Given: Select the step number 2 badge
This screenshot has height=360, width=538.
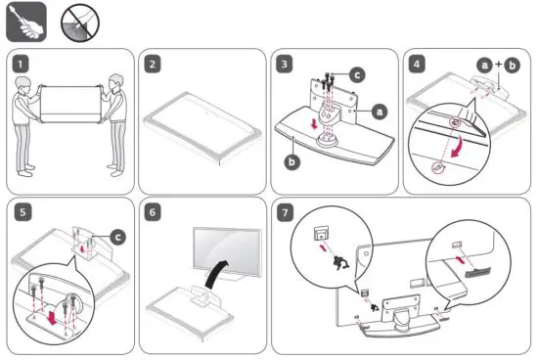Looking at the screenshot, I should [x=154, y=66].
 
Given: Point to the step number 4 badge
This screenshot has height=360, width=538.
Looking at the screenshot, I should [x=418, y=66].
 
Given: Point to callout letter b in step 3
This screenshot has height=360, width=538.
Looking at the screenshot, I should [x=291, y=161].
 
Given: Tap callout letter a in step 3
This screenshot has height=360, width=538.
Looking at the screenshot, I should [x=380, y=113].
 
